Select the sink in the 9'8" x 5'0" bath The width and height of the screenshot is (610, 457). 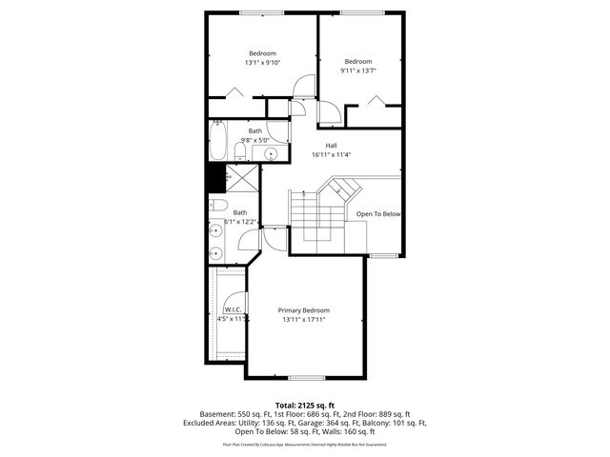point(270,152)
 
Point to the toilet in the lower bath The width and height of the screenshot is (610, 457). point(217,207)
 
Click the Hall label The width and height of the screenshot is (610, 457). point(331,146)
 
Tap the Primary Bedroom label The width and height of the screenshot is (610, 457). point(303,310)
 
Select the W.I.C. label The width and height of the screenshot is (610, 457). point(232,310)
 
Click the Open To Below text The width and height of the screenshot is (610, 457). point(378,214)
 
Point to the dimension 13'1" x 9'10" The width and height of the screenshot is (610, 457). point(262,63)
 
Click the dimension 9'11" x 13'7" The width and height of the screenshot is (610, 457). point(357,70)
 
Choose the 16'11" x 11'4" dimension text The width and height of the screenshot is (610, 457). point(331,155)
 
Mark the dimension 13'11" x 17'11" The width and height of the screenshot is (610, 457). point(303,320)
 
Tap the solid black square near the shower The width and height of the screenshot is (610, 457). point(215,178)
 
